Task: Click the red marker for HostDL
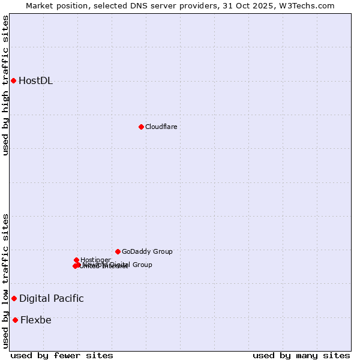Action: point(13,80)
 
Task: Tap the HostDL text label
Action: point(36,81)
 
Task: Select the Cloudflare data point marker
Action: point(141,127)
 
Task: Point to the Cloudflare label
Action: point(161,127)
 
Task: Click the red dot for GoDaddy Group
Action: point(118,251)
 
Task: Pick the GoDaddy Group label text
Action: point(147,251)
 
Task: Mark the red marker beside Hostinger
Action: point(77,260)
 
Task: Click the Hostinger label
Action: point(96,260)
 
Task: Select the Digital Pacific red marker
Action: point(14,298)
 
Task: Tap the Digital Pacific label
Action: point(52,298)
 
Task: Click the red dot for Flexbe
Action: point(15,320)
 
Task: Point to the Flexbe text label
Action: point(36,320)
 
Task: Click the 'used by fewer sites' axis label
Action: point(62,355)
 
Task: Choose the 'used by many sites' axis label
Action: point(301,355)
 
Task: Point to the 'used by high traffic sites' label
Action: point(5,85)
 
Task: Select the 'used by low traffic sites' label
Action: point(5,281)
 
